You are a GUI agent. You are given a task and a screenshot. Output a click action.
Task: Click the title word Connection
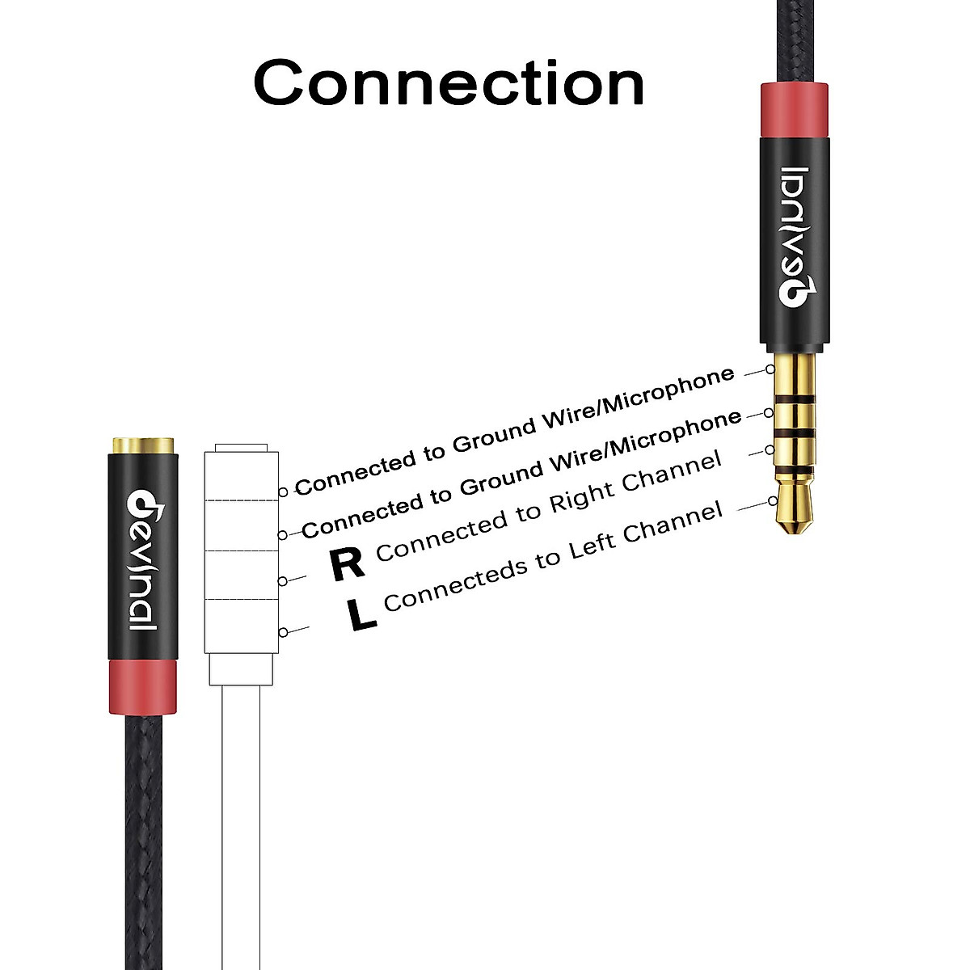click(x=449, y=82)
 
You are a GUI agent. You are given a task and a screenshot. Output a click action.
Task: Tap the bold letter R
click(x=348, y=563)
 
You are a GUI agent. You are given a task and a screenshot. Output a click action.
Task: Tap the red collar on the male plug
click(x=794, y=110)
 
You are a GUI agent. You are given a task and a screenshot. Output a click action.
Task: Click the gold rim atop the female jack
click(x=142, y=445)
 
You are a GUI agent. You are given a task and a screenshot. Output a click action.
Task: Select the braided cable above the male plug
click(x=794, y=40)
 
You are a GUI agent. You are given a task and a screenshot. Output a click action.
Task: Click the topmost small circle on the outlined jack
click(x=283, y=491)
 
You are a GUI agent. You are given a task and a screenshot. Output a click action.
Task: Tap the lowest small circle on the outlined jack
click(x=283, y=632)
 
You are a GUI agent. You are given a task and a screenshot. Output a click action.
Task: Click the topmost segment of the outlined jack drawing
click(x=242, y=475)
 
